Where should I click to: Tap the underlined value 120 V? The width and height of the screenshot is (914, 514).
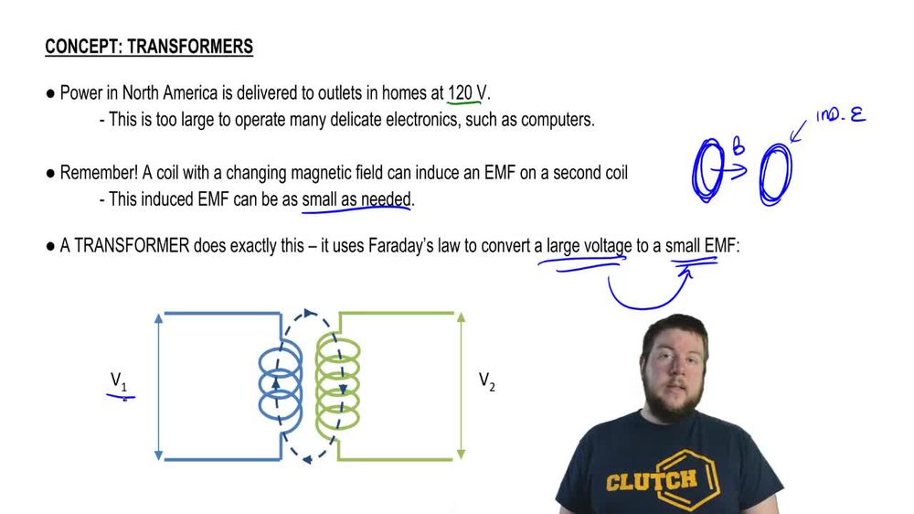tap(467, 93)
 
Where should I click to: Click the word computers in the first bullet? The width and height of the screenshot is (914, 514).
tap(553, 120)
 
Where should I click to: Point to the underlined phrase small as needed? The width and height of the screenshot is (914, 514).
tap(356, 198)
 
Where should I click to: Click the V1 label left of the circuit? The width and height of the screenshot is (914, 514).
tap(119, 380)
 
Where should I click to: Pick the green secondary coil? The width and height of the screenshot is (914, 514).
tap(338, 384)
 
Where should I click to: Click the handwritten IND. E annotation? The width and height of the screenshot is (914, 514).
tap(840, 117)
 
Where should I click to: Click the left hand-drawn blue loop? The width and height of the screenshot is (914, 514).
tap(708, 170)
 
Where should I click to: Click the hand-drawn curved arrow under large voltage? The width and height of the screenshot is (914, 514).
tap(644, 293)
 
